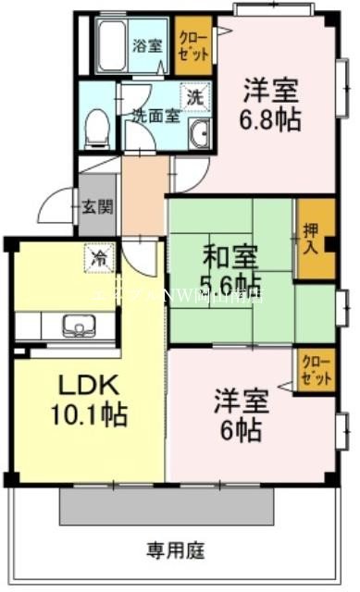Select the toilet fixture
[x=96, y=129]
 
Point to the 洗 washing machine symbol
[x=194, y=96]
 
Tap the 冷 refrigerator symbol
[x=97, y=258]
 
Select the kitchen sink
[x=75, y=326]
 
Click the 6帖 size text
[x=242, y=430]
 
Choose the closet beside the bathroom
[x=194, y=46]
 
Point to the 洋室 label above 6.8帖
[x=271, y=92]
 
